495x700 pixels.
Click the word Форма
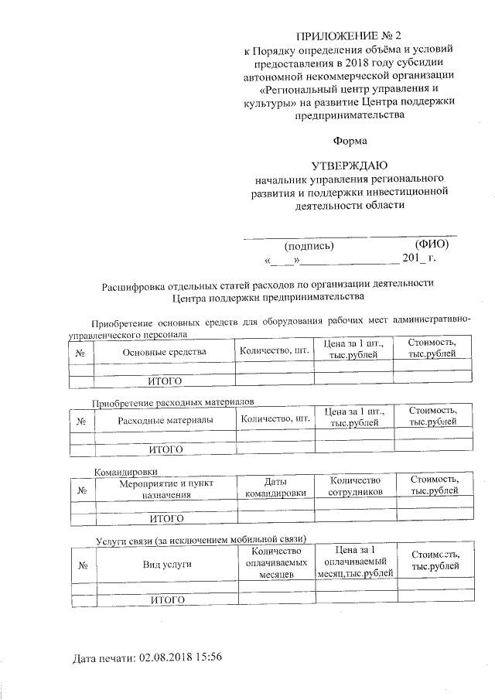click(350, 141)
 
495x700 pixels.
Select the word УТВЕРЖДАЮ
click(350, 166)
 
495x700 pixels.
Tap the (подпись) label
click(309, 245)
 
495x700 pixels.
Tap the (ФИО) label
click(432, 244)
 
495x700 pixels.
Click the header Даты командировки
click(275, 487)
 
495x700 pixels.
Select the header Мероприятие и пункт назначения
click(166, 487)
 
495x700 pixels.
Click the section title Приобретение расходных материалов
click(172, 403)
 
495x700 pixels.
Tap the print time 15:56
click(209, 657)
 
